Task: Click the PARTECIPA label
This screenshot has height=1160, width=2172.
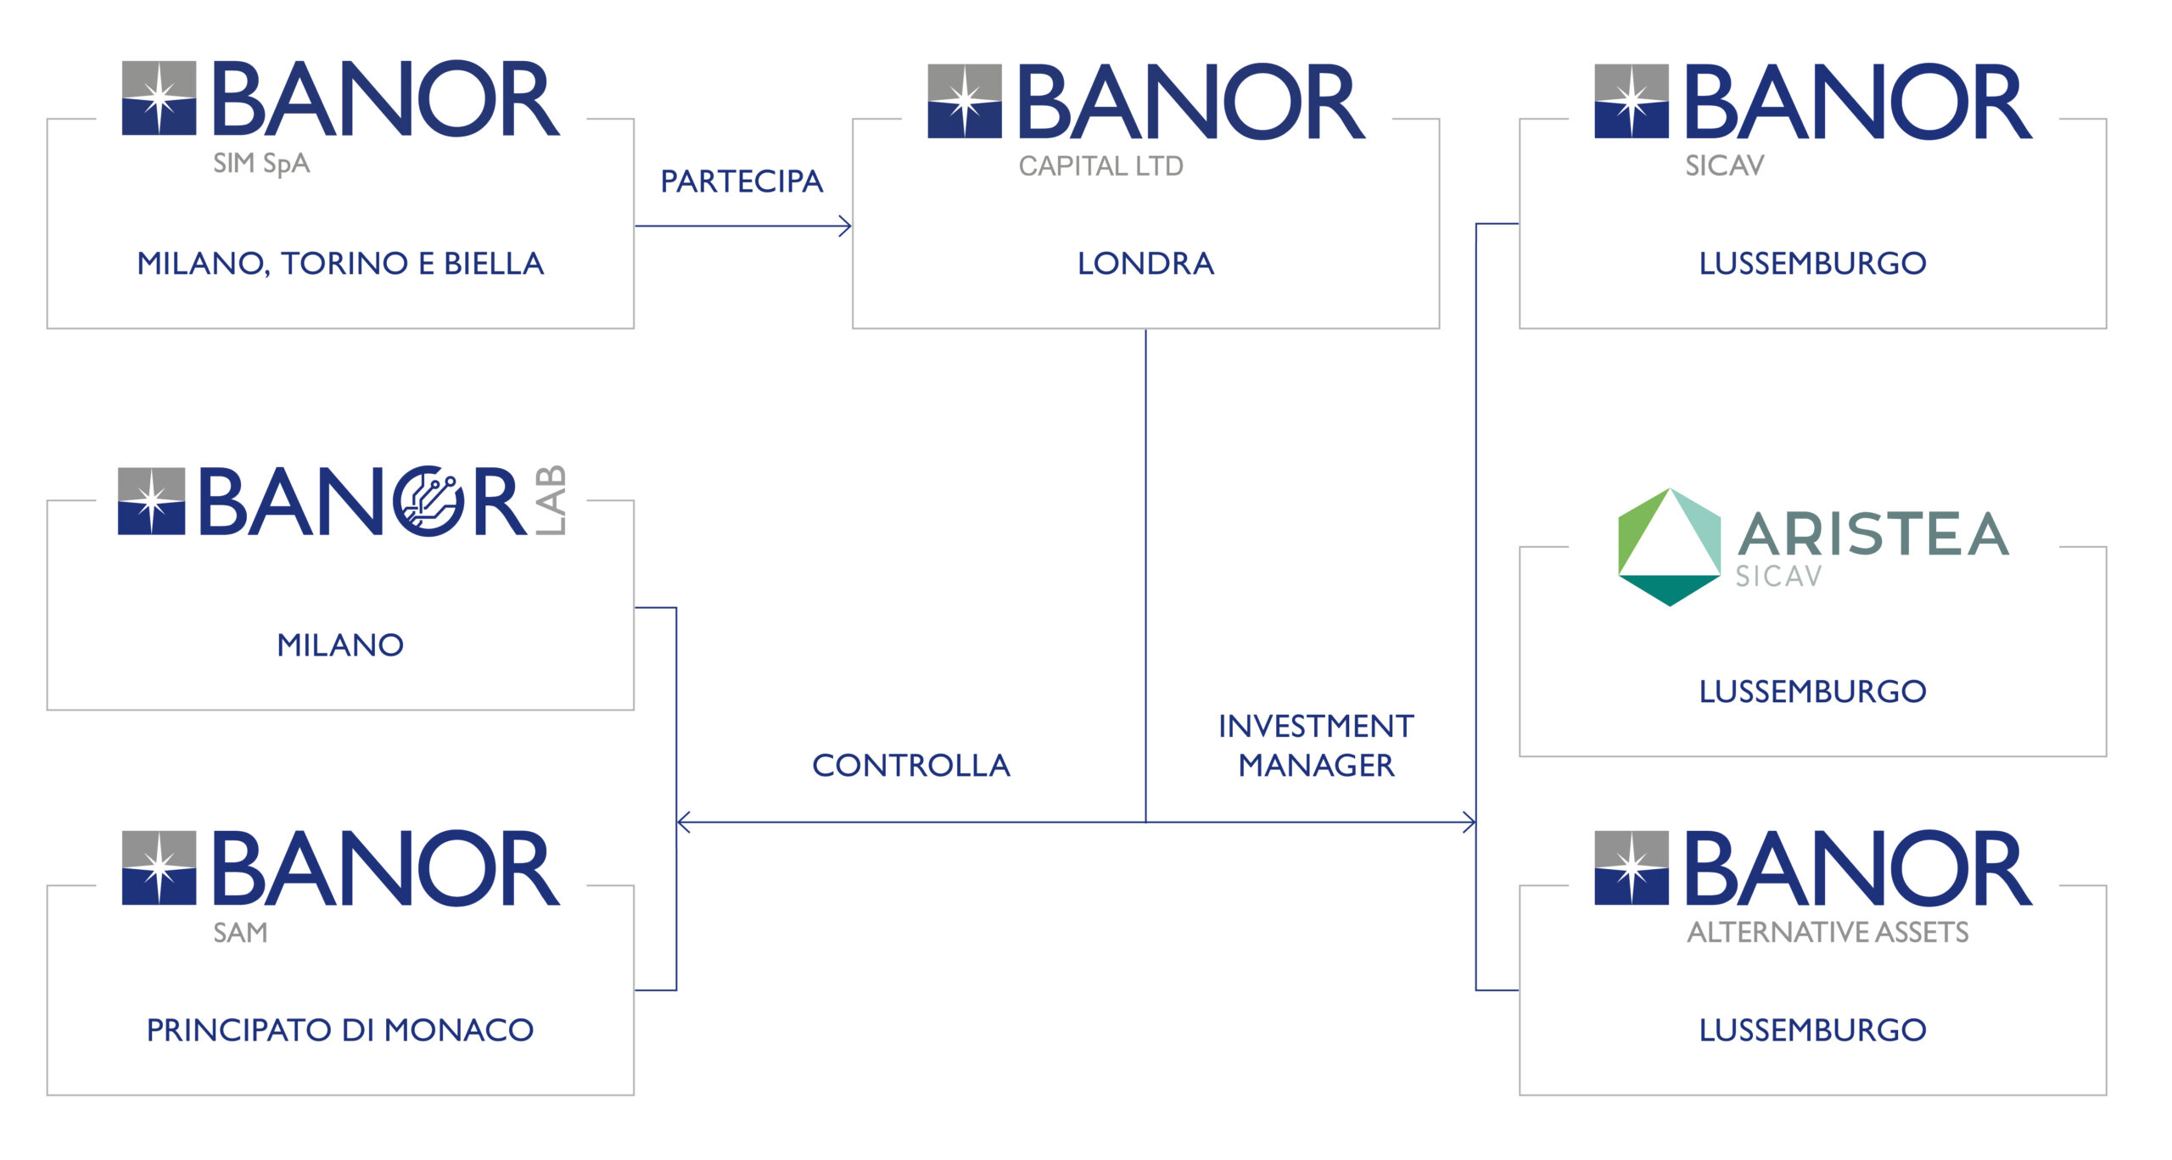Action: point(742,181)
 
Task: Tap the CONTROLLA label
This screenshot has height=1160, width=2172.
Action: point(911,765)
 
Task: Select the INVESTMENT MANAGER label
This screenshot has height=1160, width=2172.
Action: point(1316,745)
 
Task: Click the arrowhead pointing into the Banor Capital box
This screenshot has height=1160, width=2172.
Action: point(845,226)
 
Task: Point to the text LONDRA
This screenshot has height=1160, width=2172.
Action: point(1145,263)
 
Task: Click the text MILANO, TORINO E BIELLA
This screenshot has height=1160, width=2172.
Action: point(340,263)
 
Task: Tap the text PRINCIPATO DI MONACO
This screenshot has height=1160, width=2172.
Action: point(340,1029)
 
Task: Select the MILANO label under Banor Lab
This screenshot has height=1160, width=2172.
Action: point(340,644)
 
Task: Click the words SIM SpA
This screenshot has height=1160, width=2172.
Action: point(261,164)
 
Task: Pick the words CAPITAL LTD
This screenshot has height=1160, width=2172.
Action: point(1100,166)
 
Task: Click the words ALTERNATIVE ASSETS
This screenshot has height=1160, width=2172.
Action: point(1828,932)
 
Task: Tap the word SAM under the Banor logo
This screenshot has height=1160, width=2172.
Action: point(240,933)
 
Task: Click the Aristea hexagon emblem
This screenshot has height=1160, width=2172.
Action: point(1670,547)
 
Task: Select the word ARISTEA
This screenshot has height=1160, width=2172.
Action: point(1873,533)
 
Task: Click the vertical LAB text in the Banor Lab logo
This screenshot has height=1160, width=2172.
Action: point(551,500)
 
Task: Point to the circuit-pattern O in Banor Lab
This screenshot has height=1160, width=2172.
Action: point(429,501)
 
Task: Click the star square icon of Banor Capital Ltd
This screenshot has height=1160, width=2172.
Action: point(965,101)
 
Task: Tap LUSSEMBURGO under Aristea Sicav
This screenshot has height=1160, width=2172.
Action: point(1812,691)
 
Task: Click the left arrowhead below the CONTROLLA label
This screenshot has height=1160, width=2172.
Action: point(684,822)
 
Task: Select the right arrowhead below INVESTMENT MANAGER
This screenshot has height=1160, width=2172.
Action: point(1469,822)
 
